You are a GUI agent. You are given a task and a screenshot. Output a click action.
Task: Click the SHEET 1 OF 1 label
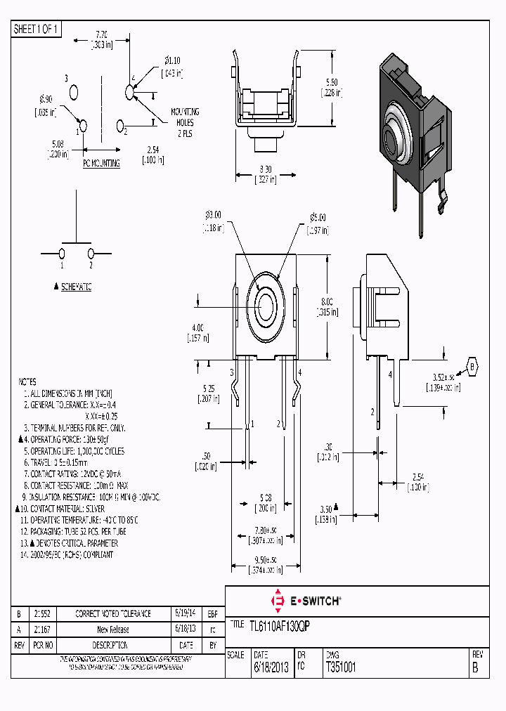(x=37, y=30)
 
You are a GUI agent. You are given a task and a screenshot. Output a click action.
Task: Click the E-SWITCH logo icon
(x=277, y=601)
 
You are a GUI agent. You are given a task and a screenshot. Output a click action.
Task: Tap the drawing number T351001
(x=342, y=667)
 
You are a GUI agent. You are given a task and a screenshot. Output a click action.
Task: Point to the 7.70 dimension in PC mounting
(x=101, y=34)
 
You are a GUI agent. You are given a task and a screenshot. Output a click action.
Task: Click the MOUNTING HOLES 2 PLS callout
(x=185, y=122)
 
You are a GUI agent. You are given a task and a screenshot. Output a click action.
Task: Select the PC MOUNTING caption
(x=102, y=163)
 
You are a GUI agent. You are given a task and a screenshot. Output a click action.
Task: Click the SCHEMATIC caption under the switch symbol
(x=76, y=287)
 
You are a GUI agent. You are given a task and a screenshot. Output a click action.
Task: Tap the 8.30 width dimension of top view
(x=265, y=169)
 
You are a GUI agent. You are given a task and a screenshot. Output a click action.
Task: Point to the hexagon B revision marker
(x=473, y=367)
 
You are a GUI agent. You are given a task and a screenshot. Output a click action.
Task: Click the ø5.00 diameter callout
(x=318, y=217)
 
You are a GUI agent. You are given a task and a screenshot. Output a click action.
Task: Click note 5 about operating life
(x=74, y=450)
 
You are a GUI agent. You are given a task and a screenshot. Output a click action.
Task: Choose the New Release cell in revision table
(x=113, y=630)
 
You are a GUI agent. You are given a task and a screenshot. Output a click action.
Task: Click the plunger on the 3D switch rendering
(x=391, y=134)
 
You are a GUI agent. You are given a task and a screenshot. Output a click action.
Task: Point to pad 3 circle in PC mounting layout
(x=74, y=92)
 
